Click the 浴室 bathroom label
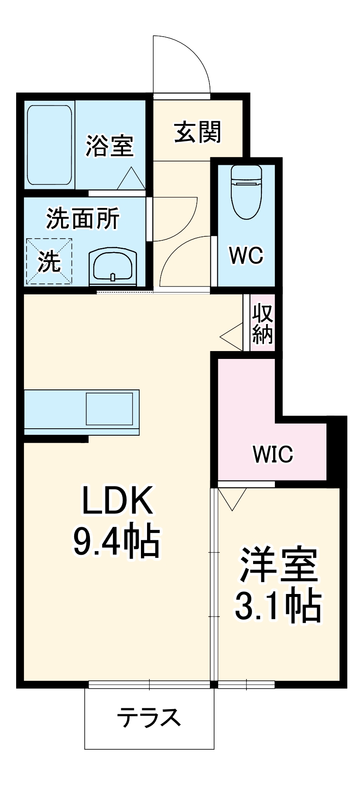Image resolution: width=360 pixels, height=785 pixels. click(110, 146)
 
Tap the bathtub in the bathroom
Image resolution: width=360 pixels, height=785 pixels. click(49, 145)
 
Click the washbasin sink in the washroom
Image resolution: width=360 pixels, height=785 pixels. click(113, 266)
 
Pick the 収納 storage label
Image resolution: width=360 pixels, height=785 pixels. click(263, 323)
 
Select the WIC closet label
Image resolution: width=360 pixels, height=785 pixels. click(273, 454)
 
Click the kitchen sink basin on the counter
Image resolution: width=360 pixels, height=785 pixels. click(109, 409)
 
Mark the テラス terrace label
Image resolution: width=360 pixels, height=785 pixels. click(149, 717)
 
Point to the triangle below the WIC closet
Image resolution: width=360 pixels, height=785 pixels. click(233, 497)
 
